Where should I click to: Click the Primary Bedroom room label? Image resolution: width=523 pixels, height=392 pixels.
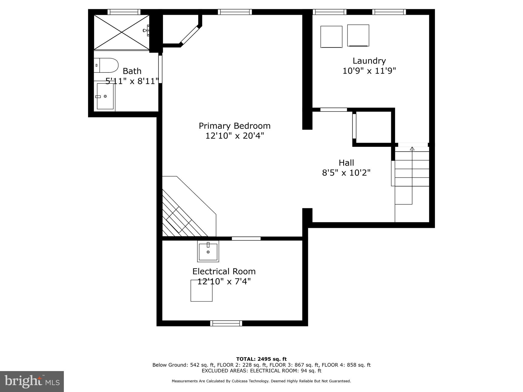pyautogui.click(x=234, y=126)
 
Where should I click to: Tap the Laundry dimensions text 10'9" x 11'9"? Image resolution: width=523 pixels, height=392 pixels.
pyautogui.click(x=369, y=71)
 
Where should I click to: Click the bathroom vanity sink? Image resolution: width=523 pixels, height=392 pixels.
pyautogui.click(x=105, y=96)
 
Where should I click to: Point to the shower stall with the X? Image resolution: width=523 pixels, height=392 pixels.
pyautogui.click(x=121, y=32)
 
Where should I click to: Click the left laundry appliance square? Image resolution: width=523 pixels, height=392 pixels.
pyautogui.click(x=331, y=36)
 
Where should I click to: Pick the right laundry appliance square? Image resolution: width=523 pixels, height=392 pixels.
pyautogui.click(x=358, y=35)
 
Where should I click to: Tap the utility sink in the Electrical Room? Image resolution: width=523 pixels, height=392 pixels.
pyautogui.click(x=208, y=251)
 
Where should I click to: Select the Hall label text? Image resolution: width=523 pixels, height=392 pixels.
pyautogui.click(x=346, y=163)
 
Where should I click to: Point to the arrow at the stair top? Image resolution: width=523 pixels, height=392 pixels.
pyautogui.click(x=412, y=149)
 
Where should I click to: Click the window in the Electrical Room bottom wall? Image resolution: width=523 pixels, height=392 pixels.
pyautogui.click(x=226, y=323)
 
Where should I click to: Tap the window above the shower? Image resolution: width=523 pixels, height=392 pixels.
pyautogui.click(x=124, y=12)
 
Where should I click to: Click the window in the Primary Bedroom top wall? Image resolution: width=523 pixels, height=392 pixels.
pyautogui.click(x=235, y=12)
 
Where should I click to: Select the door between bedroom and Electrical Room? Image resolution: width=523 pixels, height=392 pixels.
pyautogui.click(x=246, y=239)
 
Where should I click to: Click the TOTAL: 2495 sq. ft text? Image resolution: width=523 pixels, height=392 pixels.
pyautogui.click(x=261, y=359)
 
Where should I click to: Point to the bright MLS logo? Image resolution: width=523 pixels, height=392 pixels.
pyautogui.click(x=32, y=381)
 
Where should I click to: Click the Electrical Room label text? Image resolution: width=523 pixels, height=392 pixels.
pyautogui.click(x=224, y=271)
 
